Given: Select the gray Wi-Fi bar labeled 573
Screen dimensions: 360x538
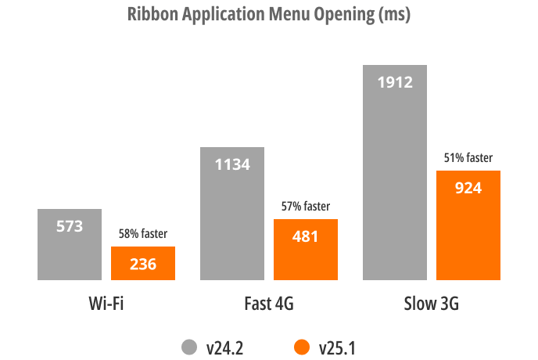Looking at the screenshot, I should (70, 244).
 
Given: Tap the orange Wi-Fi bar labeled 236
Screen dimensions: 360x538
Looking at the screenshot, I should (142, 264).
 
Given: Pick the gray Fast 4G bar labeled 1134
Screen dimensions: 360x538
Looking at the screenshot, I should (232, 213).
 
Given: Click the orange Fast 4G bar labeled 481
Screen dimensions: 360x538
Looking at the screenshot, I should (305, 250).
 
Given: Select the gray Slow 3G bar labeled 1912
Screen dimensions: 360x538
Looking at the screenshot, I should (395, 172).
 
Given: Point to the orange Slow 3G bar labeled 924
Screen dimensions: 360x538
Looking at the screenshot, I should (468, 225).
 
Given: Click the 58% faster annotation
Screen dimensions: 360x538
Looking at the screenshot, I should (142, 233).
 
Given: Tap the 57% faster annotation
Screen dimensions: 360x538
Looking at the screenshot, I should (305, 207).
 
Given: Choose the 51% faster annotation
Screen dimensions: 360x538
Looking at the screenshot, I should (468, 157).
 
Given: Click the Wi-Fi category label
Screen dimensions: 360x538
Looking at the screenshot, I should (106, 304).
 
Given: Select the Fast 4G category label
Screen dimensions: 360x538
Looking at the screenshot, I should (268, 304).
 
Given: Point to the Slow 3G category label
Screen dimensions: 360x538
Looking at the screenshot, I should (431, 304).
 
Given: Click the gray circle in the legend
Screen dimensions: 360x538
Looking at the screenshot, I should (189, 347).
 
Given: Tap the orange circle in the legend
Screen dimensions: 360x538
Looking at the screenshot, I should (300, 347).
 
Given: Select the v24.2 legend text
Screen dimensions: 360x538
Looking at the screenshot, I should (225, 347).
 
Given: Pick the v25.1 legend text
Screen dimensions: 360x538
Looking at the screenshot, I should (336, 347).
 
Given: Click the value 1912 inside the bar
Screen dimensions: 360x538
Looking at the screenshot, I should (395, 81).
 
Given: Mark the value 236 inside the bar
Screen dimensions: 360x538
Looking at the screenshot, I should (142, 264).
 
